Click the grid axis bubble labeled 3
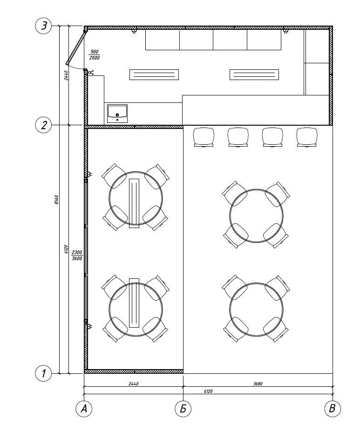coord(43,26)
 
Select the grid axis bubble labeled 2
coord(43,125)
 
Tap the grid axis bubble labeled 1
coord(43,374)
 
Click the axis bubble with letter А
coord(84,409)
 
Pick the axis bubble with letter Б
coord(183,409)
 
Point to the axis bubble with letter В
coord(333,409)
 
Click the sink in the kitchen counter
coord(117,114)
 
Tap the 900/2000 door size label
coord(95,55)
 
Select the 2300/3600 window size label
coord(77,255)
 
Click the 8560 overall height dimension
coord(56,200)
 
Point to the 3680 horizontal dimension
coord(258,384)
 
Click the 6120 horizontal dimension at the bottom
coord(208,391)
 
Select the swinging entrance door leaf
coord(75,48)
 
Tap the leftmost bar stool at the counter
coord(204,137)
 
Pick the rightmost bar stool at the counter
coord(307,137)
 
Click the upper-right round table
coord(256,216)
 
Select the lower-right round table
coord(256,309)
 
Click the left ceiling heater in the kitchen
coord(154,74)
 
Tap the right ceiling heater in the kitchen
coord(254,74)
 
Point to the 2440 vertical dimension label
coord(66,75)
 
